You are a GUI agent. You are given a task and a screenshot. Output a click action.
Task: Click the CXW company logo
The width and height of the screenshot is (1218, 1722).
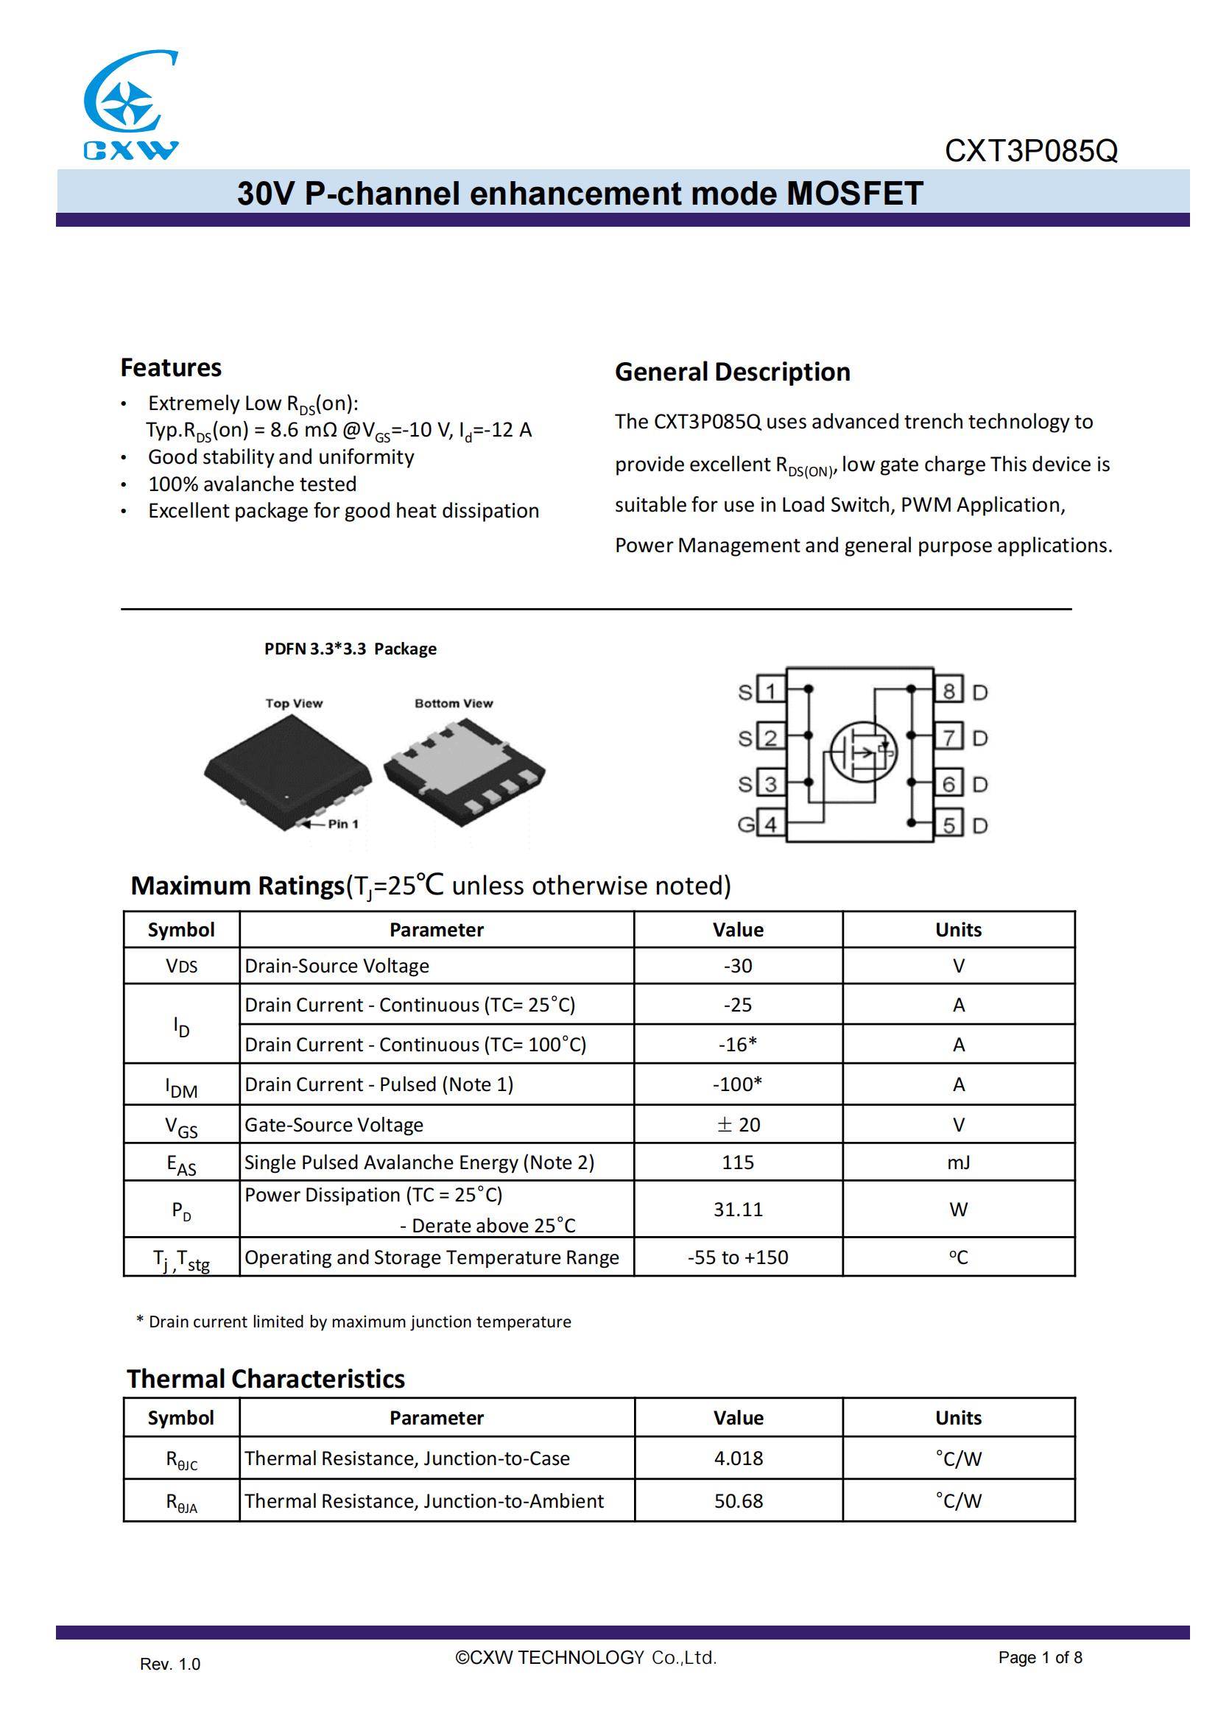130,105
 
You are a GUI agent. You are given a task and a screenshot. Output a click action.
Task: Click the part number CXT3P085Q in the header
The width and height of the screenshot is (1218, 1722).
1030,151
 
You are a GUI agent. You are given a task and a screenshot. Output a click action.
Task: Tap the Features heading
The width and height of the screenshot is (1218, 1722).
171,367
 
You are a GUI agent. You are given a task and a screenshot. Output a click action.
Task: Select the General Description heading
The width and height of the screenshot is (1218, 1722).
732,372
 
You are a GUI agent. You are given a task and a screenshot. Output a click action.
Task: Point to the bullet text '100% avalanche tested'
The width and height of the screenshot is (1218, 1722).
252,484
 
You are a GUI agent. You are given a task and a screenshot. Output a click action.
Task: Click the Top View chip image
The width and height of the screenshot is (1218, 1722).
287,772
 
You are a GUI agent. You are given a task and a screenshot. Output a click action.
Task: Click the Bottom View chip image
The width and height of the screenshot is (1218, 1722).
464,772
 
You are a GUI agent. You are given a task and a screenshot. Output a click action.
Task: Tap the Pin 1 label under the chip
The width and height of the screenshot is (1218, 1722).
342,824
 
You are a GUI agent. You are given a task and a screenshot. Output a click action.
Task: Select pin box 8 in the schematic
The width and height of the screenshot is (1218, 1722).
948,691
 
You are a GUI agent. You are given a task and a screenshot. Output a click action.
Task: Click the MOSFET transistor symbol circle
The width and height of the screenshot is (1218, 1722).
863,752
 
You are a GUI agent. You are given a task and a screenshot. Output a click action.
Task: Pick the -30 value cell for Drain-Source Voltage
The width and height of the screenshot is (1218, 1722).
738,966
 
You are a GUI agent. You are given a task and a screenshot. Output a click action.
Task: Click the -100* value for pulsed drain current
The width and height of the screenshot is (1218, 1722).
737,1084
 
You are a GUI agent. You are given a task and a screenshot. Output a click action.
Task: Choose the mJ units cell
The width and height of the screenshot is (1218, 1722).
958,1162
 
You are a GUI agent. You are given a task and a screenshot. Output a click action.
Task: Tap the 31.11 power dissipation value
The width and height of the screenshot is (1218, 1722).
738,1209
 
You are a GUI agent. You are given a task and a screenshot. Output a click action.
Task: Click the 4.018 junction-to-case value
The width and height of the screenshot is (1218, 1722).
738,1458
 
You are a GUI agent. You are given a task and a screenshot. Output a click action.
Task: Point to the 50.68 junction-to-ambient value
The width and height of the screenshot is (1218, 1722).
738,1500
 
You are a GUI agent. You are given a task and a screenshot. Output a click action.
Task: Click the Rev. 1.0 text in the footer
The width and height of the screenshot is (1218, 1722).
170,1665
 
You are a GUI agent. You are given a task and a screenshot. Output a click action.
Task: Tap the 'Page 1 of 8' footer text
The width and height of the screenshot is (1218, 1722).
1040,1657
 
